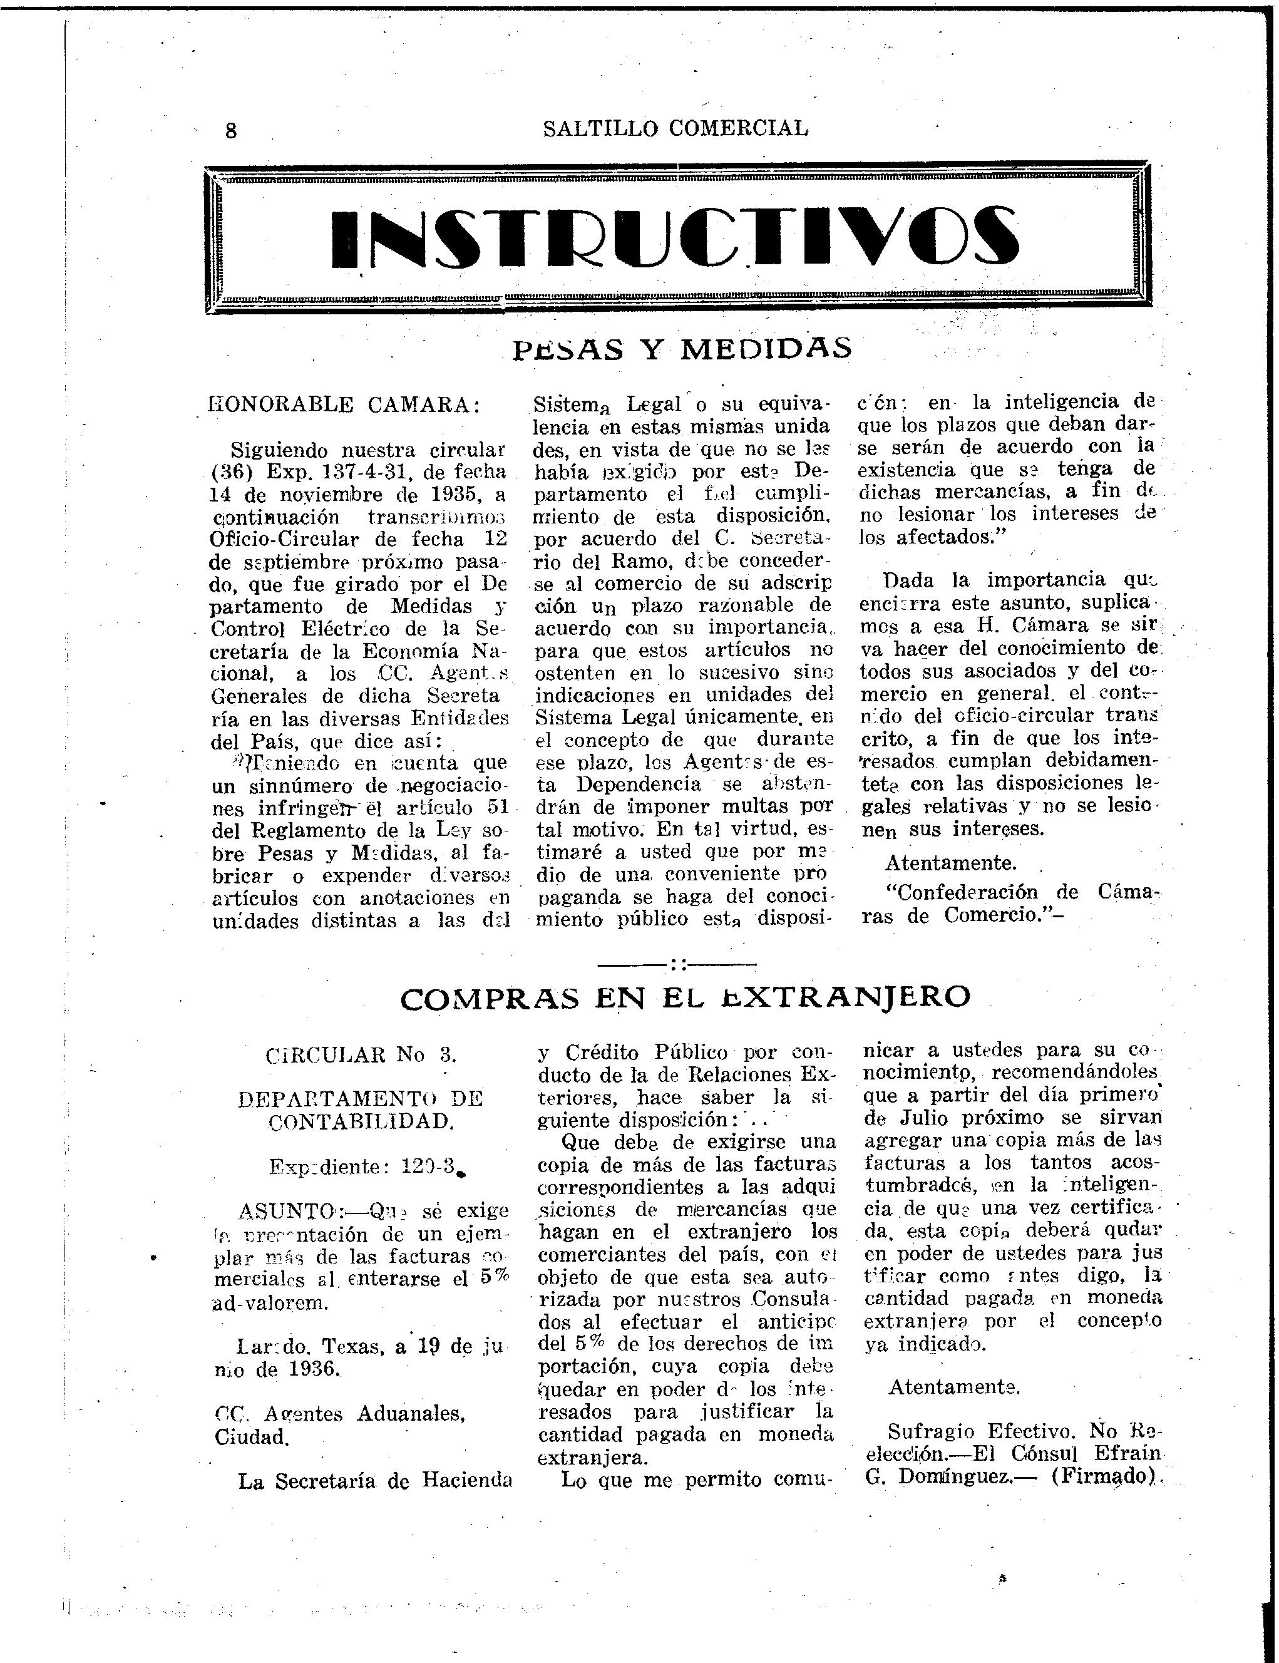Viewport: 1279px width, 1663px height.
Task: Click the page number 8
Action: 230,130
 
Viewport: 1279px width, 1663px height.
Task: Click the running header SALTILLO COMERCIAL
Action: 676,128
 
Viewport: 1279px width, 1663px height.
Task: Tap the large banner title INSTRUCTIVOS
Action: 675,239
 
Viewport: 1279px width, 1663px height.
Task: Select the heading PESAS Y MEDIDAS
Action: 682,349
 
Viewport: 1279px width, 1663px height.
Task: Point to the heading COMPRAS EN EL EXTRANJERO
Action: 685,997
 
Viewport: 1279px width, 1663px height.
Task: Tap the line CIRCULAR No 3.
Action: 361,1056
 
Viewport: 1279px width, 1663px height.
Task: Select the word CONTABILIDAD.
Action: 361,1121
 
